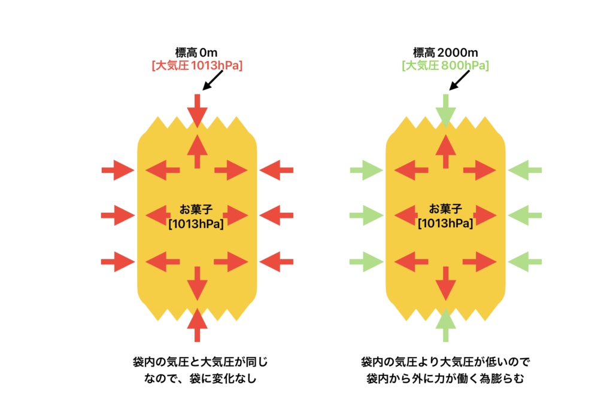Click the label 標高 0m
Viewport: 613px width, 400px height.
197,53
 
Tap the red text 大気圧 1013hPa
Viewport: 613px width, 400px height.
197,66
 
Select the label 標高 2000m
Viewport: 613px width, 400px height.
445,53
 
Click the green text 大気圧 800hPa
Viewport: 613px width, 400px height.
445,66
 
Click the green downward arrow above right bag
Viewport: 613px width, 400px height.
445,109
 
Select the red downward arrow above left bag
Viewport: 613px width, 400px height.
197,109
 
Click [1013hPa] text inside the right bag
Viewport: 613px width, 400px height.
446,223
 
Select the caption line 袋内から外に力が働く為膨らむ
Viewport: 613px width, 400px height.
446,378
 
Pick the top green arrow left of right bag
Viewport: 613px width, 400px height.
366,170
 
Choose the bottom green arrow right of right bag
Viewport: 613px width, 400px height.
524,261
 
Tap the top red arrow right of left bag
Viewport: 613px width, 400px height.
276,170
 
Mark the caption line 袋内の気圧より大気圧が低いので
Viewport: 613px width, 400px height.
446,362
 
